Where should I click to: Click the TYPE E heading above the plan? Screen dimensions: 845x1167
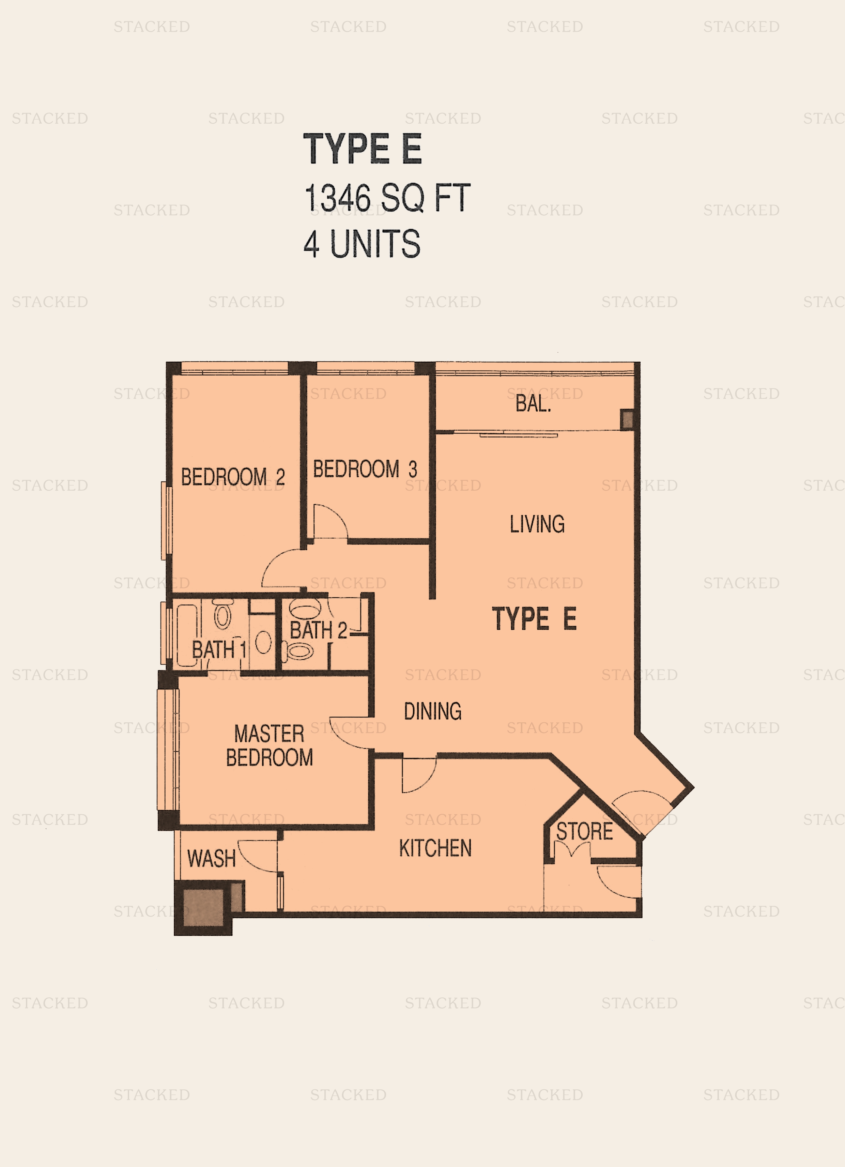point(362,149)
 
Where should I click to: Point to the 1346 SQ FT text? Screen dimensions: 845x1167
point(387,198)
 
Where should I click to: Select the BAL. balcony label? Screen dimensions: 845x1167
point(533,404)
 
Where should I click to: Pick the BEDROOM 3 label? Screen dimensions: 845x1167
point(365,469)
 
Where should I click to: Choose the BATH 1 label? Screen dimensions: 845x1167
point(219,649)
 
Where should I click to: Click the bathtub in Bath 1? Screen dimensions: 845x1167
point(187,635)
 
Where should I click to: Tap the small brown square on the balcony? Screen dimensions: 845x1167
point(627,419)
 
